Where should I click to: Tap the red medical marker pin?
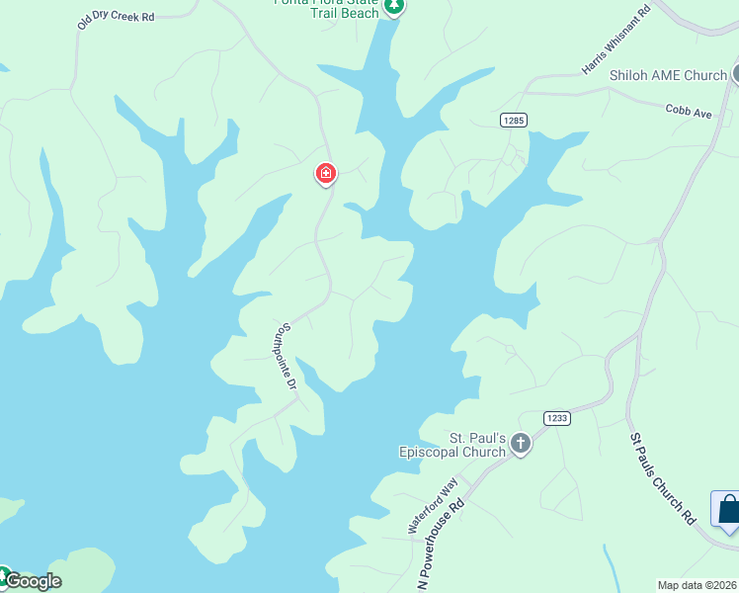click(x=325, y=174)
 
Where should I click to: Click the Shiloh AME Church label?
click(x=668, y=75)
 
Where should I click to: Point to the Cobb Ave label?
click(x=688, y=113)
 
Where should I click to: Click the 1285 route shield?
click(x=513, y=120)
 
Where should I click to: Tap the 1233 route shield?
click(x=556, y=418)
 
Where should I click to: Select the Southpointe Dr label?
click(x=287, y=356)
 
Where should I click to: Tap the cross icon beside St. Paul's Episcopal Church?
click(x=521, y=445)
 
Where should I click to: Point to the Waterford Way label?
click(x=434, y=506)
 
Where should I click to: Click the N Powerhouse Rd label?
click(x=441, y=544)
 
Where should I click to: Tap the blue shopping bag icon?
click(x=727, y=509)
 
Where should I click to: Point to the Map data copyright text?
click(x=697, y=585)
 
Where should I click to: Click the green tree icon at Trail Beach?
click(x=394, y=7)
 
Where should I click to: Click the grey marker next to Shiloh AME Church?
click(x=736, y=74)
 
